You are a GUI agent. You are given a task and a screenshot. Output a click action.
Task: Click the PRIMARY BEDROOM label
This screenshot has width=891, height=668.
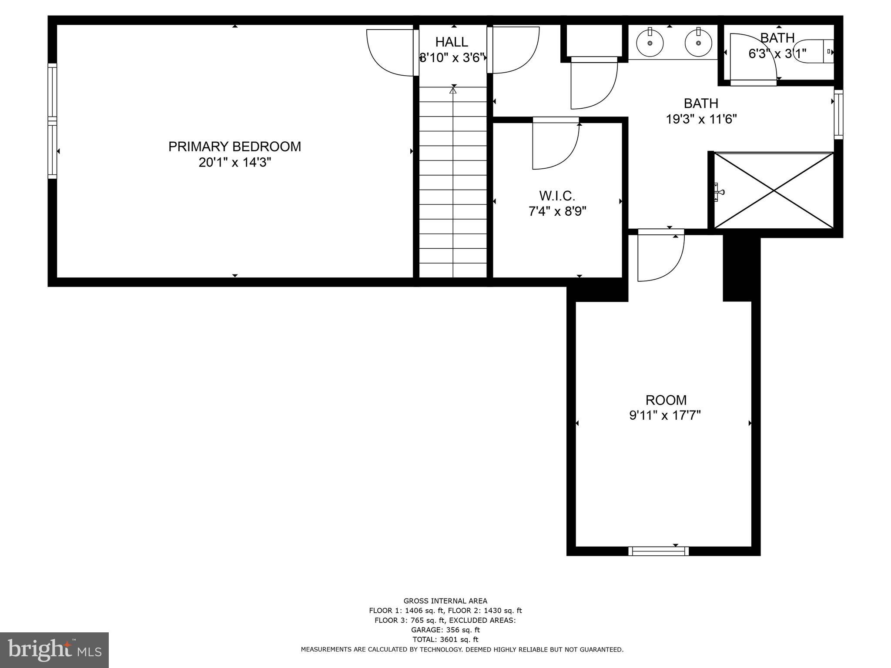click(x=234, y=147)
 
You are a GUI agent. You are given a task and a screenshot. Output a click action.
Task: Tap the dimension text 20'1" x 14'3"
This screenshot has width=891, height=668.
click(x=234, y=163)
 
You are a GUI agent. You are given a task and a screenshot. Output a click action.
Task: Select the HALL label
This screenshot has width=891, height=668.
click(x=452, y=42)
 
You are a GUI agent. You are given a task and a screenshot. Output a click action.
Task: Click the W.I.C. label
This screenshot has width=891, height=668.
click(x=557, y=195)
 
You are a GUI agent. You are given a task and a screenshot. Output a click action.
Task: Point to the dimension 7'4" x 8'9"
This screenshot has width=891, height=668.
click(x=557, y=211)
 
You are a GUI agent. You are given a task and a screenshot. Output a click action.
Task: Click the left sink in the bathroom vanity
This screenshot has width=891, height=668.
click(x=650, y=43)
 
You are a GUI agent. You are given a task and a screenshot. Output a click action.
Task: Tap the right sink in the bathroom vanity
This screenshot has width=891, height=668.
click(x=698, y=43)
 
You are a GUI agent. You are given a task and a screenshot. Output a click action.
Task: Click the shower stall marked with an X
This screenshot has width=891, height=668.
click(x=774, y=190)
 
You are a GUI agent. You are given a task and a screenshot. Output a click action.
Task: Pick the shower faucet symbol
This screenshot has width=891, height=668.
click(x=718, y=192)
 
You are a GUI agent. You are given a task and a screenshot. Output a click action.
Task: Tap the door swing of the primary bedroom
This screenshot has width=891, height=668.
click(x=389, y=52)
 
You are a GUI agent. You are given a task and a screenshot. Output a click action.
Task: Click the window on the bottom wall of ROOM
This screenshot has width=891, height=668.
click(x=659, y=551)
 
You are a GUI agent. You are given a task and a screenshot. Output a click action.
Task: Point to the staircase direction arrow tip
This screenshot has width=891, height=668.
click(x=453, y=90)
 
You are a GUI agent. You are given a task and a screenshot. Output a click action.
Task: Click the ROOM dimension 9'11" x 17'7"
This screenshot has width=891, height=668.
click(x=665, y=416)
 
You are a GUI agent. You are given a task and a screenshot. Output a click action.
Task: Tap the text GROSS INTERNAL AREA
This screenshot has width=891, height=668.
click(x=445, y=601)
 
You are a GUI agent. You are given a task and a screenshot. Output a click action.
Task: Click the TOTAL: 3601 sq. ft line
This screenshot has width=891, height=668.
click(x=445, y=639)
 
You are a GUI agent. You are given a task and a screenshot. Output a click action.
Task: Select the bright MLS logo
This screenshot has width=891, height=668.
click(x=54, y=650)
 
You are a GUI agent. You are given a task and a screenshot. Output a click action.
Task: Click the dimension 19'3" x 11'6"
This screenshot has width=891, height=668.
click(x=701, y=119)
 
